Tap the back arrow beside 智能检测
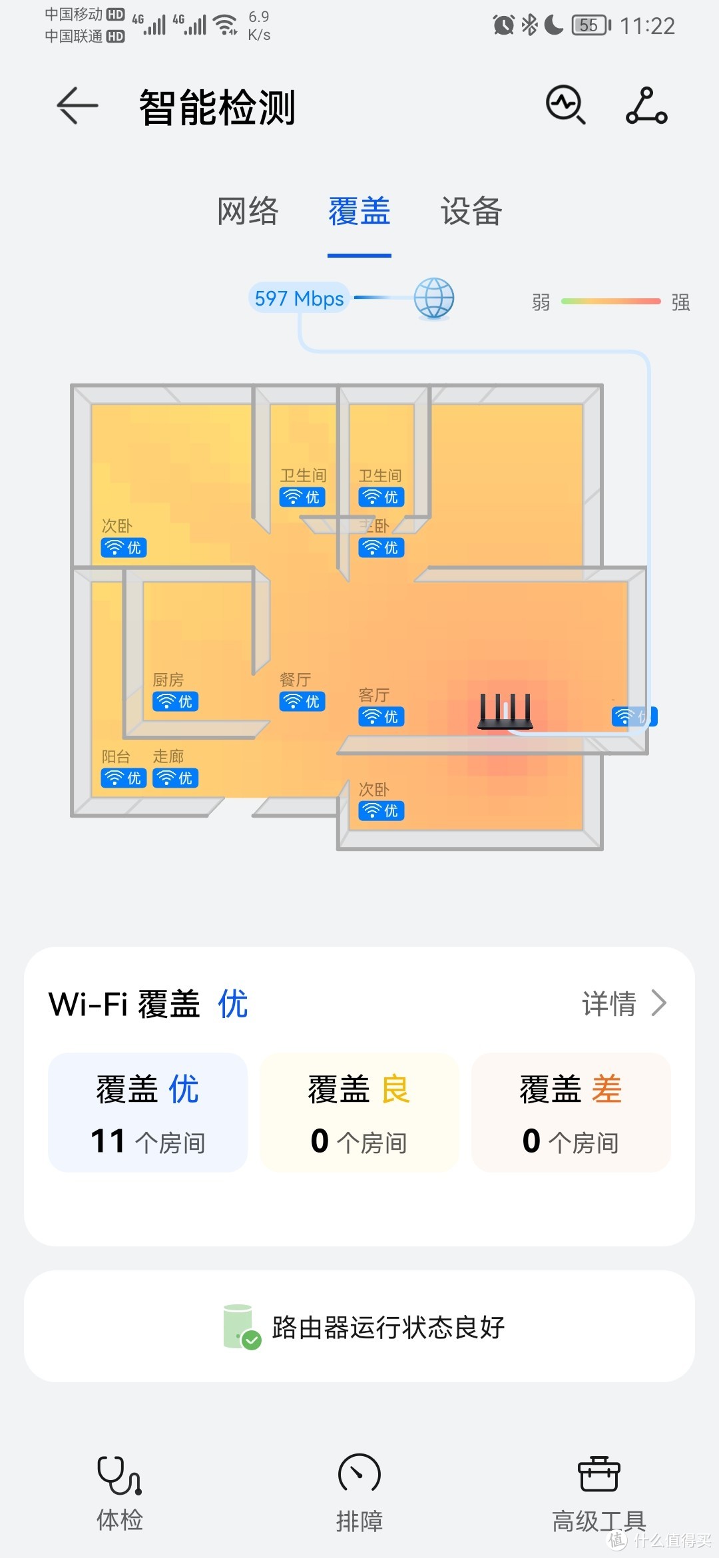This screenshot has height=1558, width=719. tap(77, 106)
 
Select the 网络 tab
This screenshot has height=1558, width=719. tap(248, 212)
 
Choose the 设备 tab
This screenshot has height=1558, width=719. tap(471, 212)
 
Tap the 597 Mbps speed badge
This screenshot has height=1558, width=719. tap(299, 298)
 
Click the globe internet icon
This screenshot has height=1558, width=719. tap(434, 298)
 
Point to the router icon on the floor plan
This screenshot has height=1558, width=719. tap(505, 711)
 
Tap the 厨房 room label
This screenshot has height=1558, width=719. tap(168, 680)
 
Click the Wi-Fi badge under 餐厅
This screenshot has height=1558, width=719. tap(302, 702)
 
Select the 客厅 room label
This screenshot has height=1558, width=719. tap(373, 695)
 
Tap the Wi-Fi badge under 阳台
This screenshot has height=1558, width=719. tap(124, 778)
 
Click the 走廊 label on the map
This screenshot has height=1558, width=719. tap(168, 756)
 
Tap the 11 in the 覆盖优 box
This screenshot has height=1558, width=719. tap(108, 1141)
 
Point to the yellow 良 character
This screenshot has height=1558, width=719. tap(395, 1090)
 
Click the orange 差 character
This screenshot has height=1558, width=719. tap(606, 1090)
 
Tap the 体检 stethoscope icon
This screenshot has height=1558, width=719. tap(119, 1475)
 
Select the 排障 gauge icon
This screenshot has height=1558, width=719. tap(359, 1474)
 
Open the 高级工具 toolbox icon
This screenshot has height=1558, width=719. tap(599, 1474)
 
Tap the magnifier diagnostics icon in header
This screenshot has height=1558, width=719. tap(566, 105)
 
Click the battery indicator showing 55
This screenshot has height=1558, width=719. tap(591, 26)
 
